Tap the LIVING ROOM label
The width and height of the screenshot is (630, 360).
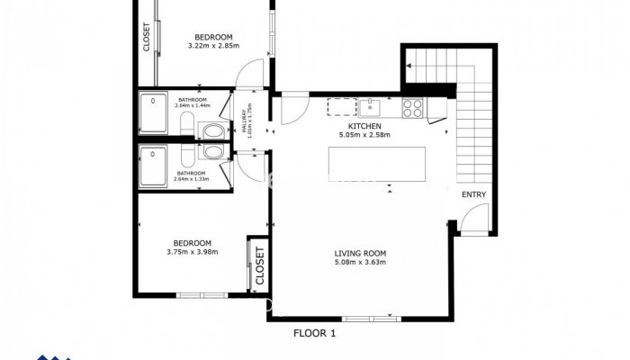click(x=360, y=253)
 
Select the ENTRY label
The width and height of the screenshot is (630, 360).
click(x=473, y=195)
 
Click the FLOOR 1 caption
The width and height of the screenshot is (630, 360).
click(x=315, y=333)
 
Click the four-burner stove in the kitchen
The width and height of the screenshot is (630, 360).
click(x=413, y=108)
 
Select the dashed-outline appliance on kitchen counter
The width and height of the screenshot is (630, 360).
click(x=342, y=108)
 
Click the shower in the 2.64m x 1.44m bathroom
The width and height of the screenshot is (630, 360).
click(x=154, y=113)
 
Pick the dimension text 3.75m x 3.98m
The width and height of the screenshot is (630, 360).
click(x=193, y=252)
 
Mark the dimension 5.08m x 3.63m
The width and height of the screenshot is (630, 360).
click(x=360, y=263)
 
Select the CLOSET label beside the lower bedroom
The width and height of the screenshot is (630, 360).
click(x=259, y=266)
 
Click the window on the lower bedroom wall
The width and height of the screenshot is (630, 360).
click(x=202, y=295)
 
